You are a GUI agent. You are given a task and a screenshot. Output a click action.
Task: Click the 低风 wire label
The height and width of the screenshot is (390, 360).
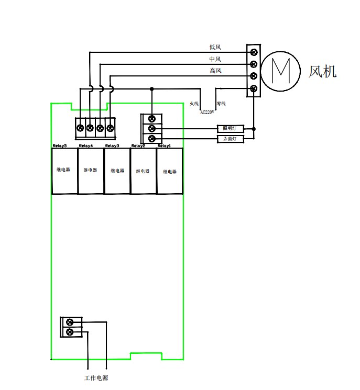point(215,47)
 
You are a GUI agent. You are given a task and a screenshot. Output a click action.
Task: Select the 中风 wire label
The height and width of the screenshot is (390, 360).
point(215,59)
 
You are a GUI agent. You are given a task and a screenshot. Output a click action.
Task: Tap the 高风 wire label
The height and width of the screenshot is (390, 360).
point(215,71)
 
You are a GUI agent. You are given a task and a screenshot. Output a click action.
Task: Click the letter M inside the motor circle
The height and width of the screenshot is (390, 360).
point(281,71)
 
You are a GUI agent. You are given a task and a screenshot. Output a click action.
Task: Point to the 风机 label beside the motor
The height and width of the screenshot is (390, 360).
point(323,72)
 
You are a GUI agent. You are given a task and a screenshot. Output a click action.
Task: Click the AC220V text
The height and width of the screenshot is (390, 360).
point(207,112)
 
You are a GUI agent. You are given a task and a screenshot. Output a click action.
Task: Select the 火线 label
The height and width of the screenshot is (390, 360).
point(194,104)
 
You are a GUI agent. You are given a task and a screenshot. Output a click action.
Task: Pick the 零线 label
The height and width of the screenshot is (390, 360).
point(221,104)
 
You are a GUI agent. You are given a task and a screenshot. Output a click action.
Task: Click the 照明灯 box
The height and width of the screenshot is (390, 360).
point(230,129)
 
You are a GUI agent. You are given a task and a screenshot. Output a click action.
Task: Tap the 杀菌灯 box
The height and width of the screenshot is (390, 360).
point(230,139)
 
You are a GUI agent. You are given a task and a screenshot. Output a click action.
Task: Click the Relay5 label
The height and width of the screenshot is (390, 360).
point(60,146)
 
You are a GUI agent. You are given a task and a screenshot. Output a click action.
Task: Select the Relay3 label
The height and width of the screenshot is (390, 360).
point(112,146)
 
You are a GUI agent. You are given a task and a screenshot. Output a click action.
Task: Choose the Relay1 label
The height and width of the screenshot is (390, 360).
point(165,146)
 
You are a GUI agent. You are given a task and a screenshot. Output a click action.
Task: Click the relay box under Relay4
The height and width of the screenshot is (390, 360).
point(91,171)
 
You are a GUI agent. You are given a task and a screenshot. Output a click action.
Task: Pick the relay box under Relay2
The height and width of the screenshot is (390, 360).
point(143,171)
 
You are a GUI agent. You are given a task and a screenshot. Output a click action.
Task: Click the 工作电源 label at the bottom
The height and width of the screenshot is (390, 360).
point(96,378)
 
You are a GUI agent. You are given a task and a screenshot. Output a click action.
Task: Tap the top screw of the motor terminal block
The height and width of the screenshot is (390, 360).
point(254,52)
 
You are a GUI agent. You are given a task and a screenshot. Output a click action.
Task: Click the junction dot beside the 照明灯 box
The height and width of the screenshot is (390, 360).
point(254,129)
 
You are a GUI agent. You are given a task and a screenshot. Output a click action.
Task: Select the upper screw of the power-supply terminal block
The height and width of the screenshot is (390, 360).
point(70,322)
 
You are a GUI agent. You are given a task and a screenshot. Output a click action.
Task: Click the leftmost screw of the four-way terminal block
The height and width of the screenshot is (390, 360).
point(80,128)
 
